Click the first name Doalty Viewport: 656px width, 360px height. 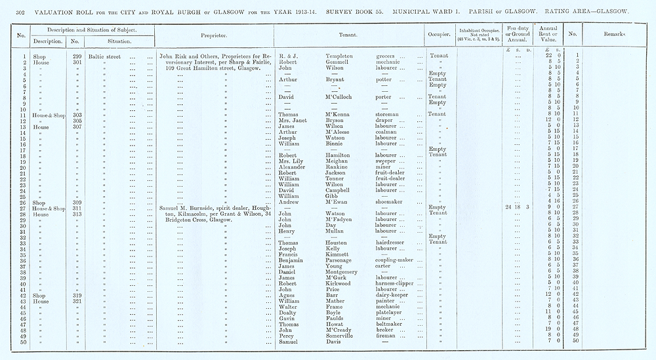(x=289, y=312)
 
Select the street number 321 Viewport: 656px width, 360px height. (x=78, y=301)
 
